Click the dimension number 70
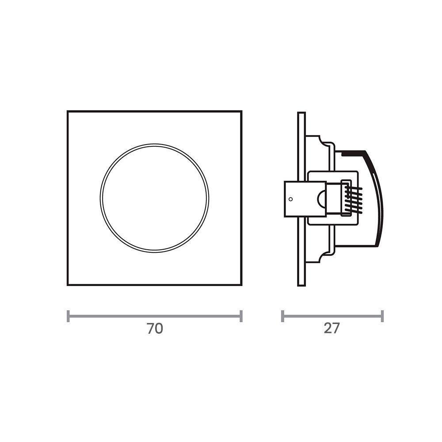pyautogui.click(x=155, y=329)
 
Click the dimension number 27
pyautogui.click(x=331, y=329)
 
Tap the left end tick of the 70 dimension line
pyautogui.click(x=68, y=316)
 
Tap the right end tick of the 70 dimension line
pyautogui.click(x=241, y=316)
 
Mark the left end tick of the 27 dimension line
pyautogui.click(x=282, y=316)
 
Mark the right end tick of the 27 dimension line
pyautogui.click(x=382, y=316)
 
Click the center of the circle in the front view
pyautogui.click(x=154, y=198)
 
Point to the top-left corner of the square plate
pyautogui.click(x=68, y=111)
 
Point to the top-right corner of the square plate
pyautogui.click(x=241, y=111)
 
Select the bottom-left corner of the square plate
pyautogui.click(x=68, y=285)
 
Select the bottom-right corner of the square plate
pyautogui.click(x=241, y=285)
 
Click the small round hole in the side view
pyautogui.click(x=290, y=199)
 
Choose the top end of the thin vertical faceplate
pyautogui.click(x=301, y=114)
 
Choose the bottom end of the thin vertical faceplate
pyautogui.click(x=301, y=285)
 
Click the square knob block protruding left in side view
pyautogui.click(x=294, y=199)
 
